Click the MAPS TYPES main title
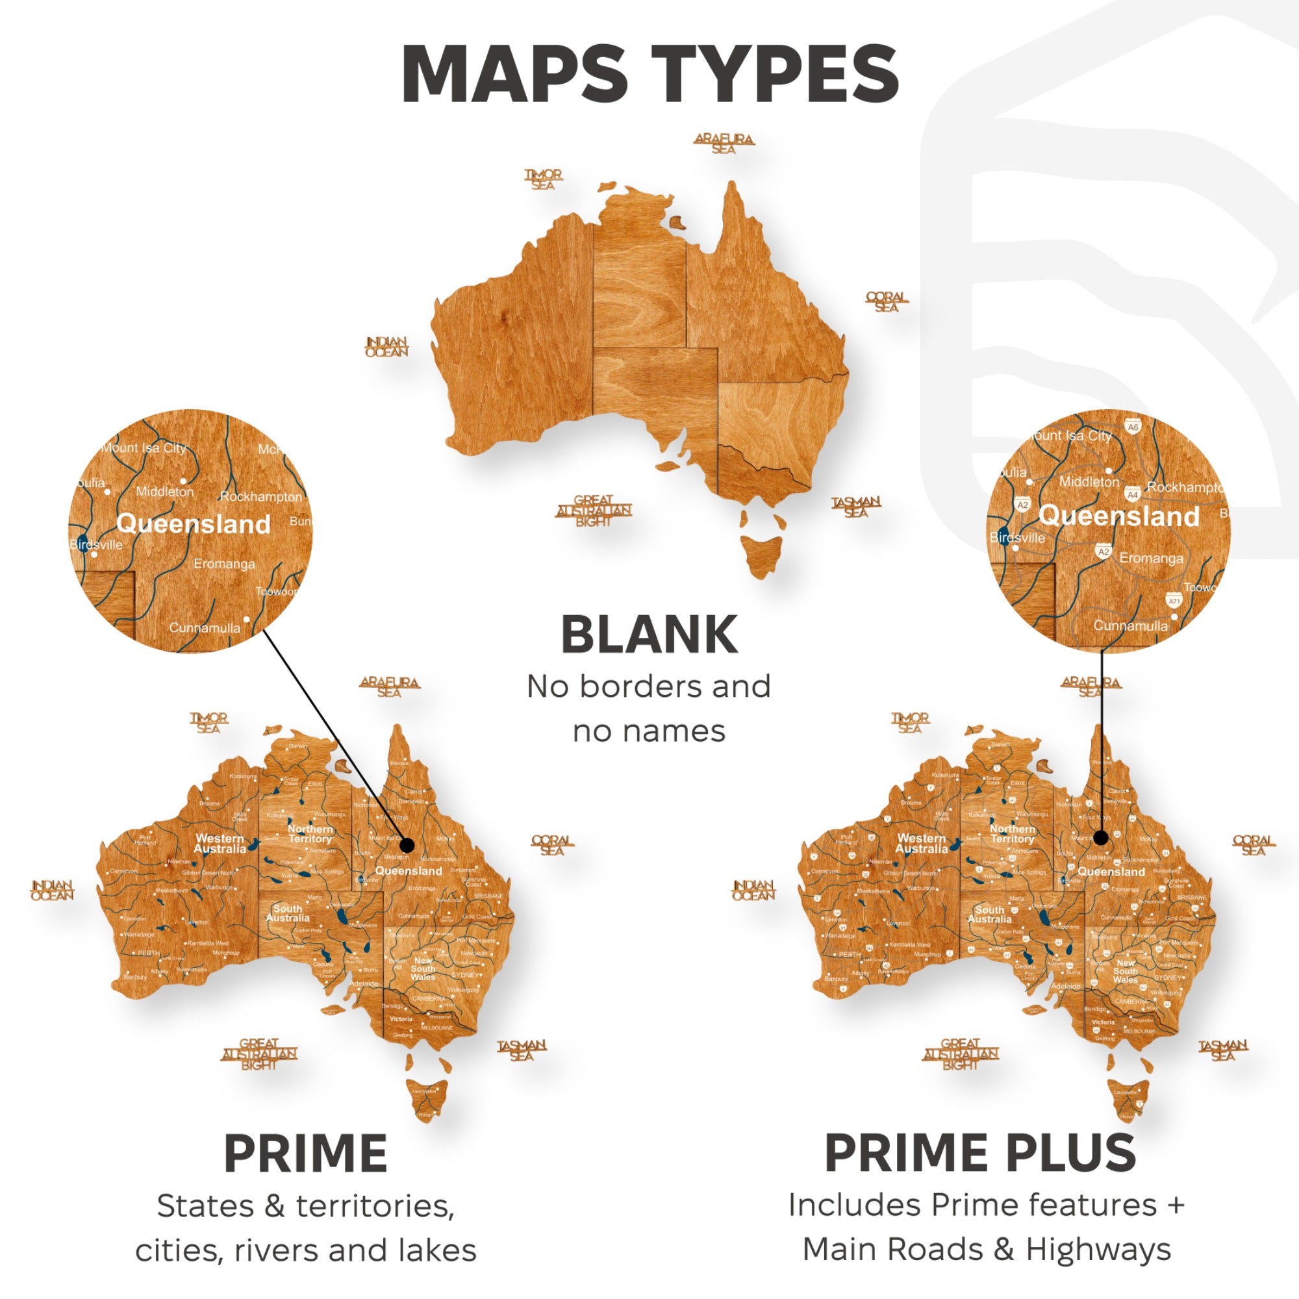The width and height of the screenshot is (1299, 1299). [x=649, y=74]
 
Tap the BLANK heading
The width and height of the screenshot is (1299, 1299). [x=649, y=635]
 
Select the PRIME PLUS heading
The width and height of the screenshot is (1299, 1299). [x=979, y=1153]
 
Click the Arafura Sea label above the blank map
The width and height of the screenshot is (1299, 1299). [x=724, y=143]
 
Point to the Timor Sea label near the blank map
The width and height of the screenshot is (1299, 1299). [x=543, y=179]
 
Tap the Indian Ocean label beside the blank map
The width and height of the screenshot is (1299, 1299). [x=386, y=346]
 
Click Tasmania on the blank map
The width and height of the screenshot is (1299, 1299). [x=763, y=554]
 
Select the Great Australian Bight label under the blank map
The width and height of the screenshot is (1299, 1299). [x=593, y=511]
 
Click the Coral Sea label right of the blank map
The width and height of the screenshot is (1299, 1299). [x=886, y=301]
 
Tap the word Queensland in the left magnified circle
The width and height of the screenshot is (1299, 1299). [x=193, y=523]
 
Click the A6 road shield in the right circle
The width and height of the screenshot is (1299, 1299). [x=1133, y=427]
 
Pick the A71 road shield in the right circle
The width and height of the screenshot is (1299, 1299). [x=1174, y=601]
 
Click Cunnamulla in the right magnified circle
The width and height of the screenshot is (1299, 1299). [x=1131, y=625]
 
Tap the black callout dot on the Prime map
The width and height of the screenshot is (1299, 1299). [x=407, y=846]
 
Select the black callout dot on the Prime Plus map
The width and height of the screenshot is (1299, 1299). [x=1101, y=838]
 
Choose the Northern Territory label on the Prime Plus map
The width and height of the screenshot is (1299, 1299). [x=1013, y=834]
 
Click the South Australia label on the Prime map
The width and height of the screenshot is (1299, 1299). [x=288, y=913]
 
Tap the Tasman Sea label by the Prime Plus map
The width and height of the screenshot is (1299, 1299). [x=1222, y=1050]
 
